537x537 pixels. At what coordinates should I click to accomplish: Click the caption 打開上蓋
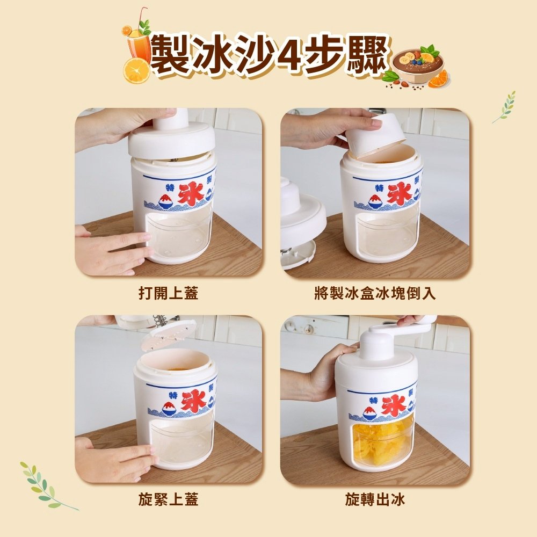pos(168,293)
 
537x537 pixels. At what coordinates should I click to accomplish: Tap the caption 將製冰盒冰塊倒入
pos(375,293)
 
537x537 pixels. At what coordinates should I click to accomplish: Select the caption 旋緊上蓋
pos(168,499)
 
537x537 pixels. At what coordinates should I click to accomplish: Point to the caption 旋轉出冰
pos(375,499)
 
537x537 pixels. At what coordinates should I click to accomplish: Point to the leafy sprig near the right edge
pos(505,106)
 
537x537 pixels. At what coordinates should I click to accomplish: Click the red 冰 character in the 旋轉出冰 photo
pos(394,405)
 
